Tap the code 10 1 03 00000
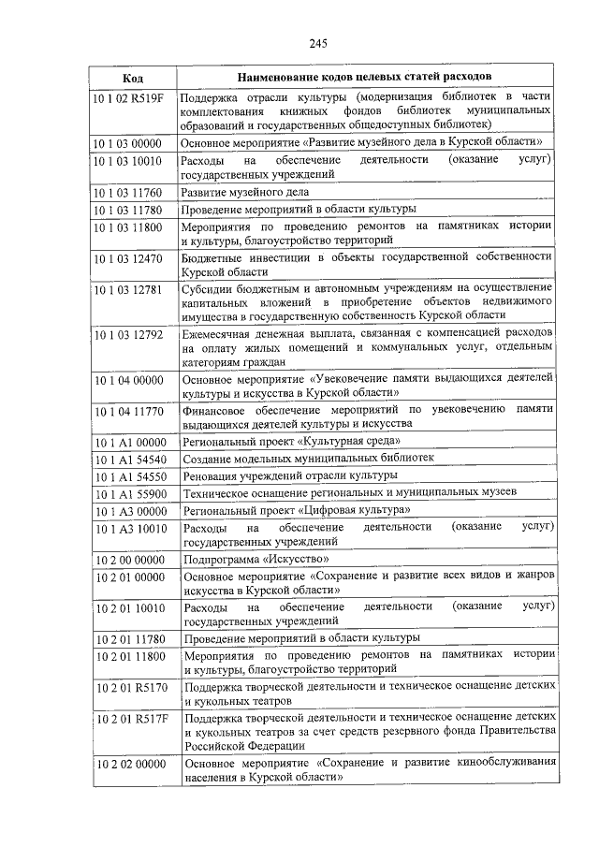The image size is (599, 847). (x=128, y=143)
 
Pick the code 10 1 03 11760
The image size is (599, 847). (x=128, y=192)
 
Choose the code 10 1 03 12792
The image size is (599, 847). (x=128, y=334)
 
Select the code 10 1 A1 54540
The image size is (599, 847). (x=128, y=460)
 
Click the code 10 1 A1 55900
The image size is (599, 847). (x=128, y=493)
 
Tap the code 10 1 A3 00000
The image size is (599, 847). (x=128, y=510)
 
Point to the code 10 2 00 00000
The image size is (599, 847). (x=128, y=560)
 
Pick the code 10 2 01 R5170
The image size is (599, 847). (x=128, y=688)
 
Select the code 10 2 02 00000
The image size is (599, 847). (x=128, y=765)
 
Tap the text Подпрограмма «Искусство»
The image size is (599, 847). (x=249, y=560)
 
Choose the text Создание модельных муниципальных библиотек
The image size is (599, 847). (x=308, y=460)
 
